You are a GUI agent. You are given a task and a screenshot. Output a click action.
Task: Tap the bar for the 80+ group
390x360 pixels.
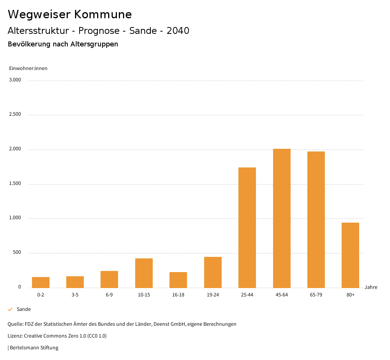click(350, 255)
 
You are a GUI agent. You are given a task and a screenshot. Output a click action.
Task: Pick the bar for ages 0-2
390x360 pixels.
click(41, 282)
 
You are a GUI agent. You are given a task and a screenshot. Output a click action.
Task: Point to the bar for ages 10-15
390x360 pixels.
click(144, 273)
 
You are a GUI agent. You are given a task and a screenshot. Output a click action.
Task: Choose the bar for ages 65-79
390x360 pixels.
click(316, 220)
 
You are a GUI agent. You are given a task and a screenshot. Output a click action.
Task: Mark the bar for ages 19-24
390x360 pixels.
click(213, 272)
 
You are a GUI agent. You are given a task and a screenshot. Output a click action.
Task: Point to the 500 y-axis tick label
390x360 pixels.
click(17, 253)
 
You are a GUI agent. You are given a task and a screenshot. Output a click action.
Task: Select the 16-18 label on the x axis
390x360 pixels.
click(178, 295)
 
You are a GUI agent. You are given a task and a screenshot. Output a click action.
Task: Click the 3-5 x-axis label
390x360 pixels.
click(75, 295)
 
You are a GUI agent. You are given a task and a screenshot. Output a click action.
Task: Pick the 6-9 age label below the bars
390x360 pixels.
click(109, 295)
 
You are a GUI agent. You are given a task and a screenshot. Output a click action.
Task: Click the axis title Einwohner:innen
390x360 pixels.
click(28, 68)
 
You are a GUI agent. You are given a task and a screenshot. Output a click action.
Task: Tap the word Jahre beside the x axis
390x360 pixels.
click(371, 287)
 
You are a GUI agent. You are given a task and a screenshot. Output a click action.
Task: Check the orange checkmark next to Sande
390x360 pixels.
click(10, 309)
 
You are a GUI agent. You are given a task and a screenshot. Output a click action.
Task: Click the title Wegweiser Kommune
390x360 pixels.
click(70, 14)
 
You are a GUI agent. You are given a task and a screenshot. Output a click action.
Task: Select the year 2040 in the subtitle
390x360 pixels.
click(178, 31)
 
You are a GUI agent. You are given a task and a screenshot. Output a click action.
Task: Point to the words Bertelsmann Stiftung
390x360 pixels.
click(34, 347)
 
